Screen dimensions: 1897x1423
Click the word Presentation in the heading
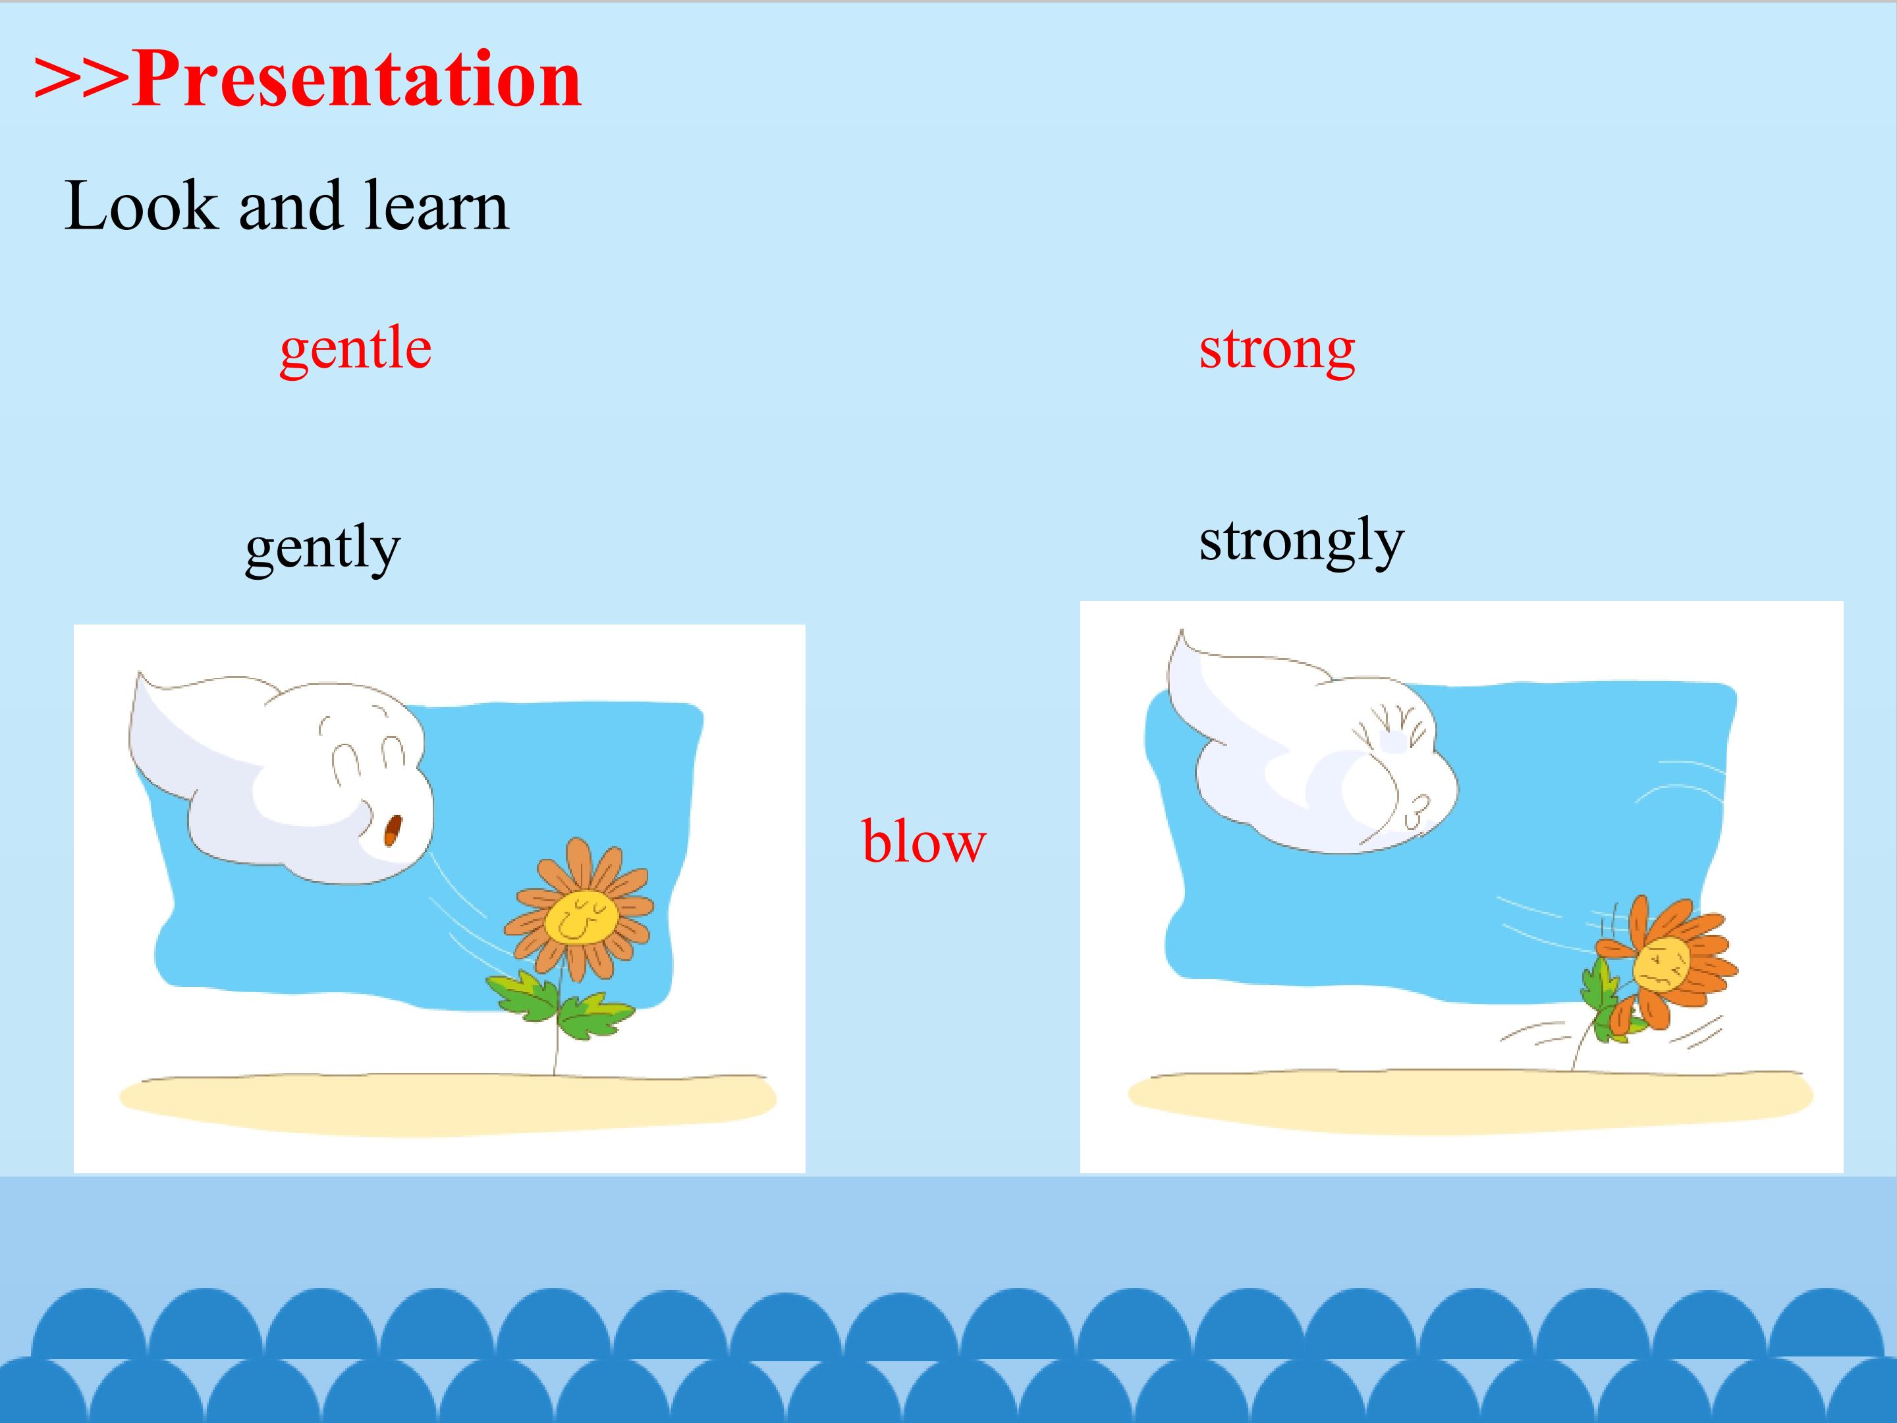(357, 80)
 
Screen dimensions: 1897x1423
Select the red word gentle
(355, 349)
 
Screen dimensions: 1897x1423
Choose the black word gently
(323, 548)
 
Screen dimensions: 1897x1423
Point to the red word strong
(1277, 349)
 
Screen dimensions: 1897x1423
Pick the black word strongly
(1301, 542)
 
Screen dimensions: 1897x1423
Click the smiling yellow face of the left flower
(582, 916)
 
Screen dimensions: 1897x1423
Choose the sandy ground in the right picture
(1470, 1100)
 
